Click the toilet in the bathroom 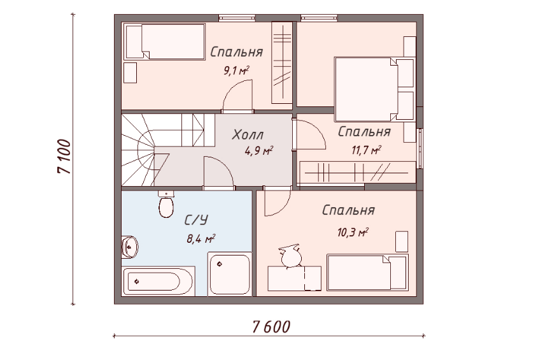coord(167,205)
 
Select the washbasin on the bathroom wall coord(130,246)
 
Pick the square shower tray coord(230,274)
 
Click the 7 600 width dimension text coord(271,327)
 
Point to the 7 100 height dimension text coord(64,156)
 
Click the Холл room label coord(248,134)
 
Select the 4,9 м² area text coord(259,150)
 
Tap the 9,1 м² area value coord(236,71)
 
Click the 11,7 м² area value coord(367,150)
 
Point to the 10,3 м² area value coord(353,233)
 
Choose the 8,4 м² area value coord(201,238)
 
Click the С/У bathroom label coord(196,220)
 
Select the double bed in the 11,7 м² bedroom coord(374,89)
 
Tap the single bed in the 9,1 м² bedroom coord(164,41)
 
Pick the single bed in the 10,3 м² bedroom coord(367,273)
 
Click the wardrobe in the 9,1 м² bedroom coord(281,62)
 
